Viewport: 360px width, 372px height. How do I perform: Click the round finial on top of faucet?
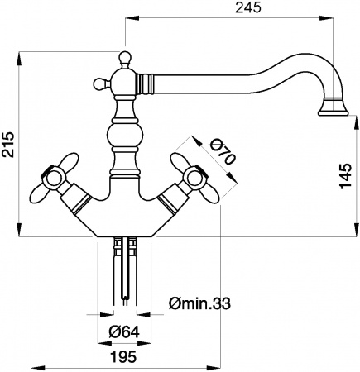125,57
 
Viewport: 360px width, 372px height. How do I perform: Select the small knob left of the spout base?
98,82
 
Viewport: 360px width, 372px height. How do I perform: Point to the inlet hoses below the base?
126,265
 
